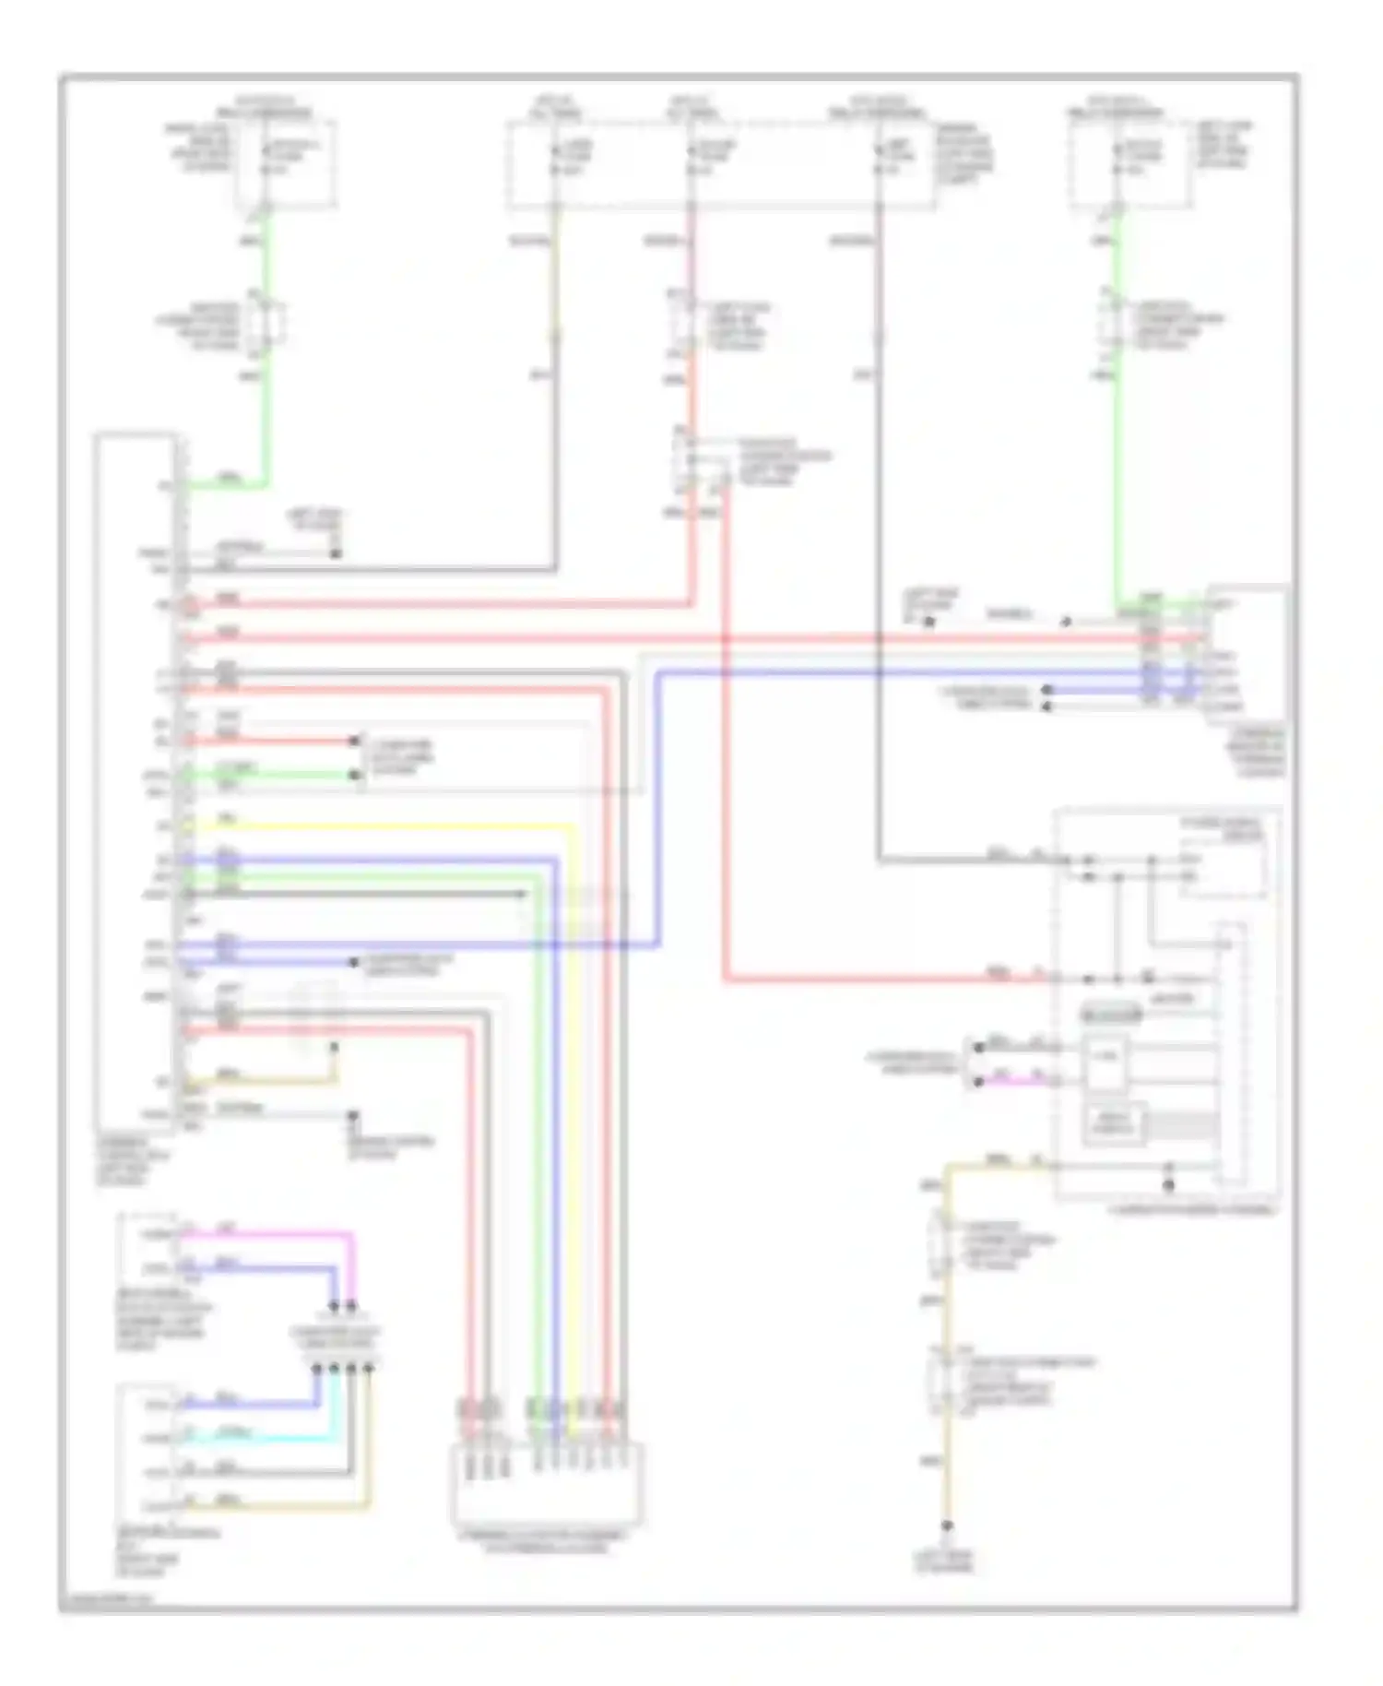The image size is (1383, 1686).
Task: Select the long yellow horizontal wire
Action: [387, 825]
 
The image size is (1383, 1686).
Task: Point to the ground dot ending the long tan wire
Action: [945, 1527]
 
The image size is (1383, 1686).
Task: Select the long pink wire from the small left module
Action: [277, 1233]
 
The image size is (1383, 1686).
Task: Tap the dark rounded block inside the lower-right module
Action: [1111, 1015]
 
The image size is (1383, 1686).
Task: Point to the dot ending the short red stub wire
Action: [353, 741]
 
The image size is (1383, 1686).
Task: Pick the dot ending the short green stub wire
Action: [353, 775]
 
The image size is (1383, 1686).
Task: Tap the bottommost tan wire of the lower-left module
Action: [277, 1507]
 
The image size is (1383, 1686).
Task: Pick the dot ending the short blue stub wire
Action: [353, 963]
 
